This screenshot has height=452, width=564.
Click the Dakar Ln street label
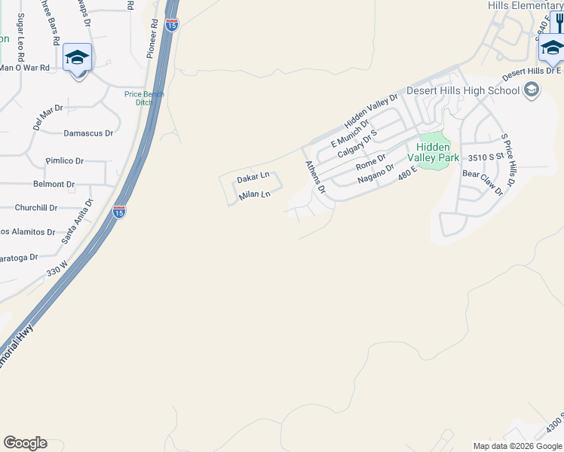tap(253, 179)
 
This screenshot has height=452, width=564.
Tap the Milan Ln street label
tap(254, 195)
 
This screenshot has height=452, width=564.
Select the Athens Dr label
tap(314, 177)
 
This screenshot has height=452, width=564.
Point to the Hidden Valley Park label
tap(433, 152)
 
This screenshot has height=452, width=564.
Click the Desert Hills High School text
tap(463, 90)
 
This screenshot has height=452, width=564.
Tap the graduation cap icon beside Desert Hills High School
tap(532, 90)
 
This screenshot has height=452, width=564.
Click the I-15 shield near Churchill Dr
tap(119, 212)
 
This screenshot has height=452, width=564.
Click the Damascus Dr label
tap(87, 133)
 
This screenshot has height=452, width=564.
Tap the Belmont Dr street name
tap(54, 184)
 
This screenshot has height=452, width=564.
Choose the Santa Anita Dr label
tap(77, 221)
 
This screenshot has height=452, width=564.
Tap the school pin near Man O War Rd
tap(77, 58)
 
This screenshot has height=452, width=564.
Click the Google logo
tap(25, 443)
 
